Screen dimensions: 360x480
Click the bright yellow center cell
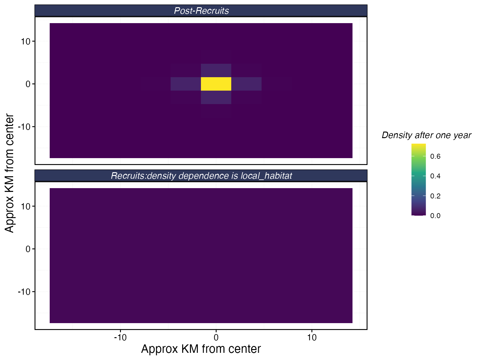coord(216,84)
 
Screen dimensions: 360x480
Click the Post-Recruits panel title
coord(201,11)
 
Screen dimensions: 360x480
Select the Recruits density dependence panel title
coord(201,176)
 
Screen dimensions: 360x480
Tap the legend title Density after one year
coord(426,135)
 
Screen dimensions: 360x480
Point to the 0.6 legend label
coord(435,156)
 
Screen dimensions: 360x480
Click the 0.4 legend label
coord(435,176)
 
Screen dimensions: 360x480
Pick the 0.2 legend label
coord(435,196)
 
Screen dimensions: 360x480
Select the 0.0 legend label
coord(435,216)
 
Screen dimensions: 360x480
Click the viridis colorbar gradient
coord(418,180)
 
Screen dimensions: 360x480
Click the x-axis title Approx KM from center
coord(201,349)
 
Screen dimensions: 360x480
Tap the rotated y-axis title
coord(10,173)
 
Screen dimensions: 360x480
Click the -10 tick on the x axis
coord(120,338)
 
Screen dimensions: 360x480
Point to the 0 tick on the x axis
coord(216,338)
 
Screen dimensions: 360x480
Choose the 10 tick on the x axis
coord(312,338)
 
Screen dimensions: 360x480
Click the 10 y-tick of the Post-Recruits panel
coord(26,41)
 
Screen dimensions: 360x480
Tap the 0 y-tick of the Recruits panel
coord(28,249)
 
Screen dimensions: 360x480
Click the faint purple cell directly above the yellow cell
coord(216,70)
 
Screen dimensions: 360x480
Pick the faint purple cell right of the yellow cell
coord(246,84)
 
